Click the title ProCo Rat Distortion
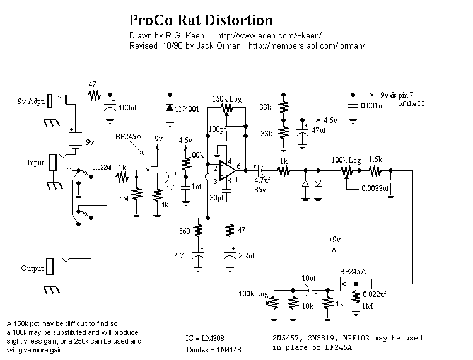(x=201, y=20)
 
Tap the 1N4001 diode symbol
(x=170, y=108)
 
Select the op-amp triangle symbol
(x=228, y=171)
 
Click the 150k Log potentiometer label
(x=227, y=99)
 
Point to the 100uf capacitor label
(x=127, y=108)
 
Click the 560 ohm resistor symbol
(x=198, y=231)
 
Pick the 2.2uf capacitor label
(x=247, y=256)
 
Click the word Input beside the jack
(x=36, y=163)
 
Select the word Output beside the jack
(x=32, y=269)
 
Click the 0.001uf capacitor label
(x=373, y=106)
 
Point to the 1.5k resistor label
(x=376, y=160)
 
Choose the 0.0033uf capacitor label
(x=375, y=189)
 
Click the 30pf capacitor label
(x=216, y=198)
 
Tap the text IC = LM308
(x=205, y=339)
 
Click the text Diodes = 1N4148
(x=214, y=350)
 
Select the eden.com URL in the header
(x=269, y=35)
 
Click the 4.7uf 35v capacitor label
(x=262, y=185)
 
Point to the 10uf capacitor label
(x=308, y=277)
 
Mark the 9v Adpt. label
(x=32, y=102)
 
